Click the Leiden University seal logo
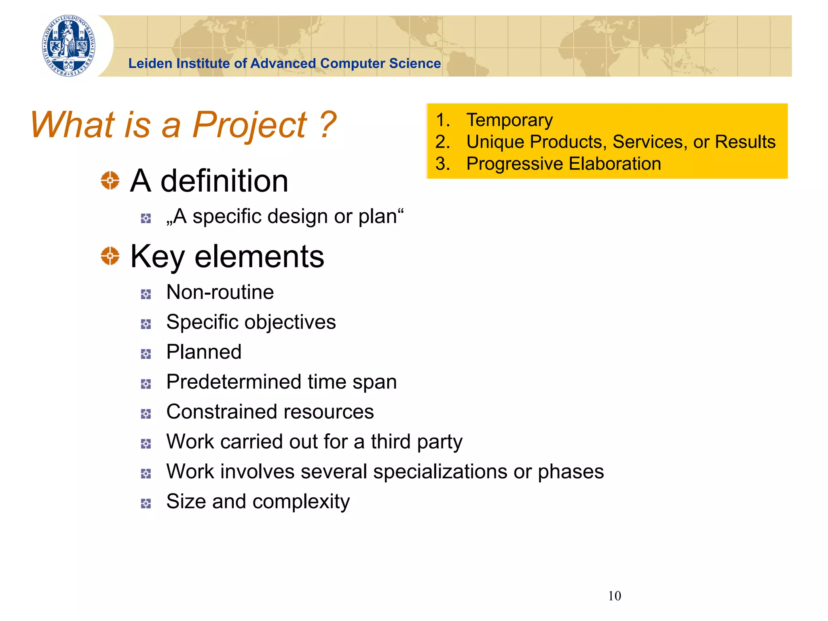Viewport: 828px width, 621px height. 69,46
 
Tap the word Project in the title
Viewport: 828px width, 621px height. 249,125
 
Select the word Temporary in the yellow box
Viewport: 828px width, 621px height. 509,120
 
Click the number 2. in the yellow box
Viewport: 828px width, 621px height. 443,142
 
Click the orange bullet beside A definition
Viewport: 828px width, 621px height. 110,180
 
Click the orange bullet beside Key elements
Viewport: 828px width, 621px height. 110,256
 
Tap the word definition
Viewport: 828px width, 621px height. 224,181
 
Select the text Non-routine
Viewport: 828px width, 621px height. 220,292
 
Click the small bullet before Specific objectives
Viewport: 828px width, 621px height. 146,324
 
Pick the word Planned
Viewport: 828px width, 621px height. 204,352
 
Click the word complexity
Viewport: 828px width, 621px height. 301,501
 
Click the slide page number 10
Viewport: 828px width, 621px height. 614,596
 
